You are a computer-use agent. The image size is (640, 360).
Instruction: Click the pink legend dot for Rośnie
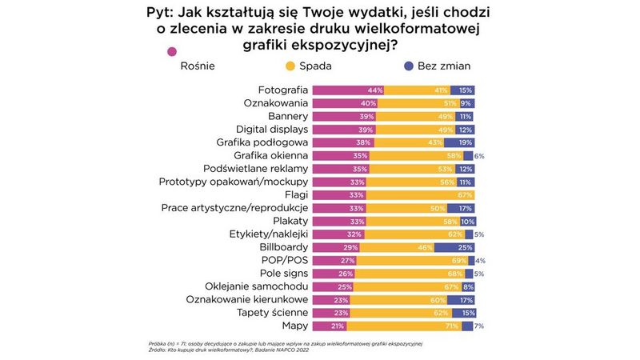point(170,52)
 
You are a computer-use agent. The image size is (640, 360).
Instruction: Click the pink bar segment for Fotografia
point(347,90)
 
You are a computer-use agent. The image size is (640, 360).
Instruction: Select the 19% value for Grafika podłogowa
point(465,142)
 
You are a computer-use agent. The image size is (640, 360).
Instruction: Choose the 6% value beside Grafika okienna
point(480,155)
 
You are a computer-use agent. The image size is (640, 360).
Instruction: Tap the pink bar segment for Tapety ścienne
point(330,313)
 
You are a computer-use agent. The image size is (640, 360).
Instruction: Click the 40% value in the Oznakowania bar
point(368,103)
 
